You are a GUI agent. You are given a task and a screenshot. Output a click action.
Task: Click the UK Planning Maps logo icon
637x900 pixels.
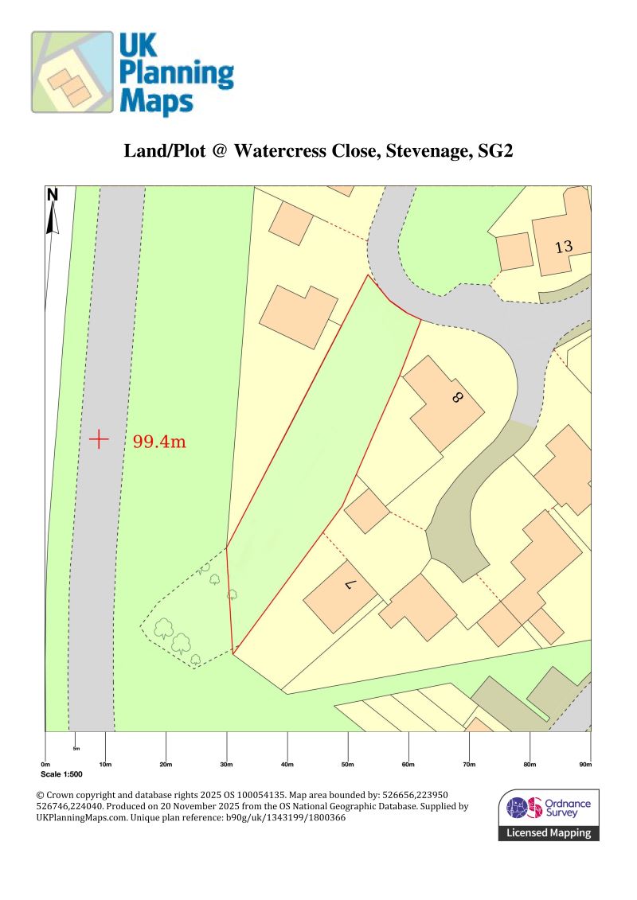pos(72,72)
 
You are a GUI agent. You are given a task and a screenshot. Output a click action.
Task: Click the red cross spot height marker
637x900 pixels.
pos(99,439)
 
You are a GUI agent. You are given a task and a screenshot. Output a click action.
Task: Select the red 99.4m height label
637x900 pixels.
pos(159,442)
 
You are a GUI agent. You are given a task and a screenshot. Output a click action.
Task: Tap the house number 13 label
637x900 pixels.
pos(564,247)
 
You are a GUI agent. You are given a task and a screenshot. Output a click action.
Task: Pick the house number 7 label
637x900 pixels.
pos(348,586)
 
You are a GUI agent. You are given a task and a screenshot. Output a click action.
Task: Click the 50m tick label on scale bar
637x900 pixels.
pos(347,766)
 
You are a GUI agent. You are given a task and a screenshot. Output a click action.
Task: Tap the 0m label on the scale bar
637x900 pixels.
pos(45,766)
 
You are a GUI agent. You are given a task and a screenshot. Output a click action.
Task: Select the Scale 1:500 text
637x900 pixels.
pos(61,774)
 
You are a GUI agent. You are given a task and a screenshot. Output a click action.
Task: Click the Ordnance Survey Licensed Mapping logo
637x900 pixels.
pos(549,815)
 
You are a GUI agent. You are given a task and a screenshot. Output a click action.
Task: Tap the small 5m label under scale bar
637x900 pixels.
pos(76,749)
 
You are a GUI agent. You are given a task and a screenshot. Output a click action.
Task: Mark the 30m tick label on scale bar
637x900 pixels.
pos(226,766)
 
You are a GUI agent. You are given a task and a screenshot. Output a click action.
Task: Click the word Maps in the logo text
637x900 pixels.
pos(156,102)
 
